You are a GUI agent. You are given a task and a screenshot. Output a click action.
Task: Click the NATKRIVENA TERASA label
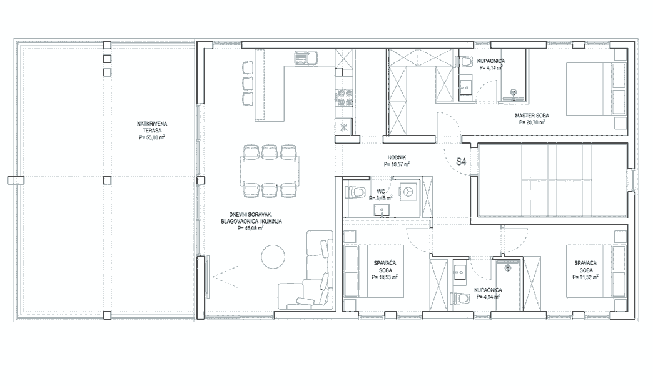pyautogui.click(x=153, y=127)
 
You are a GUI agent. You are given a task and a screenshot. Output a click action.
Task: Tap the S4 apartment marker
pyautogui.click(x=461, y=162)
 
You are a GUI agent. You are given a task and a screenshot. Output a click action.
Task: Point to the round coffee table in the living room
pyautogui.click(x=273, y=257)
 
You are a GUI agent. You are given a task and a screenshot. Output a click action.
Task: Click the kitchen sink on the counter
pyautogui.click(x=306, y=58)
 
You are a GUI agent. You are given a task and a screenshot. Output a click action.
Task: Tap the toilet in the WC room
pyautogui.click(x=354, y=192)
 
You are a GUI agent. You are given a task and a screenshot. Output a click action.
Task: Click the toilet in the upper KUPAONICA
pyautogui.click(x=465, y=61)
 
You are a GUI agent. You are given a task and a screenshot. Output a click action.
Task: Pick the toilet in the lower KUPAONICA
pyautogui.click(x=463, y=299)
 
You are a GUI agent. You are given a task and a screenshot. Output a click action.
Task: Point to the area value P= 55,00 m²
pyautogui.click(x=153, y=136)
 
